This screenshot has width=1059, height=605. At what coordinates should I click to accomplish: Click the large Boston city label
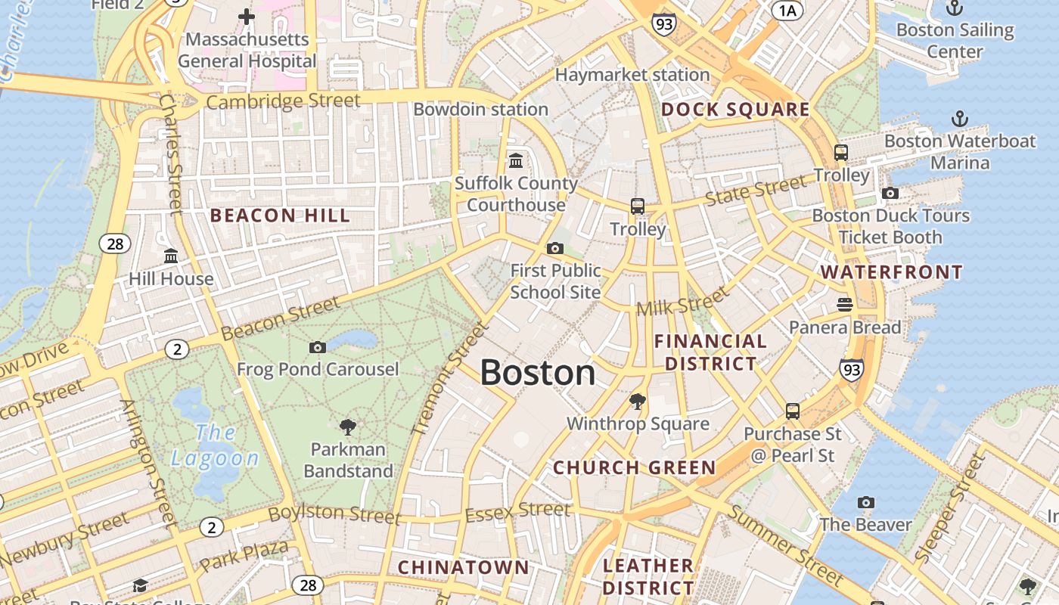pyautogui.click(x=538, y=373)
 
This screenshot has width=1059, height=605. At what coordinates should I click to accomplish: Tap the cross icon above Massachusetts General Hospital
pyautogui.click(x=247, y=17)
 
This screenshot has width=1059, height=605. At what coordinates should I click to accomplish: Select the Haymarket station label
pyautogui.click(x=632, y=75)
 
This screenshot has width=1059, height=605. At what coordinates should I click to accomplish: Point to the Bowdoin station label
pyautogui.click(x=480, y=109)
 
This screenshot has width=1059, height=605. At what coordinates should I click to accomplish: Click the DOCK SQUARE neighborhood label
pyautogui.click(x=735, y=110)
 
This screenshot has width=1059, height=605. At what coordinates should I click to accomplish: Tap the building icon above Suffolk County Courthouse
pyautogui.click(x=516, y=161)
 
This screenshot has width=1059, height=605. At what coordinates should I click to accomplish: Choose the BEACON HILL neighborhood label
pyautogui.click(x=280, y=216)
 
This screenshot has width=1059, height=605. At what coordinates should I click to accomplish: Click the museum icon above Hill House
pyautogui.click(x=171, y=256)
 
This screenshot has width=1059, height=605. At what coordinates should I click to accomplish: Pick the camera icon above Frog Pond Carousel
pyautogui.click(x=318, y=347)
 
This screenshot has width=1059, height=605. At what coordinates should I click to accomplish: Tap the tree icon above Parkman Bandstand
pyautogui.click(x=348, y=427)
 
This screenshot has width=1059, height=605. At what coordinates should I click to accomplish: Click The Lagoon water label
pyautogui.click(x=215, y=445)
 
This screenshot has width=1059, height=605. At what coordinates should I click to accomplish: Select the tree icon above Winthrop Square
pyautogui.click(x=638, y=402)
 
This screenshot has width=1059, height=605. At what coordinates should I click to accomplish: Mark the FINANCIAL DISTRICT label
pyautogui.click(x=710, y=352)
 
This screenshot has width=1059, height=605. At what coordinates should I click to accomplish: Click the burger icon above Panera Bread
pyautogui.click(x=845, y=305)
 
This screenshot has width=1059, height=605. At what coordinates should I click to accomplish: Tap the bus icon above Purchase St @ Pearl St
pyautogui.click(x=792, y=411)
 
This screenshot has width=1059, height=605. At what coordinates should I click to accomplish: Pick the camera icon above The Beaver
pyautogui.click(x=866, y=502)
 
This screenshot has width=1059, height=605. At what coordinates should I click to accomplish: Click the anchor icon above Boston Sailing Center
pyautogui.click(x=955, y=8)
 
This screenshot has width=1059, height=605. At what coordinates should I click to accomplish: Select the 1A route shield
pyautogui.click(x=787, y=10)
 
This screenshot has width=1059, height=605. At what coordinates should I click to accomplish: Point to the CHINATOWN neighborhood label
pyautogui.click(x=464, y=567)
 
